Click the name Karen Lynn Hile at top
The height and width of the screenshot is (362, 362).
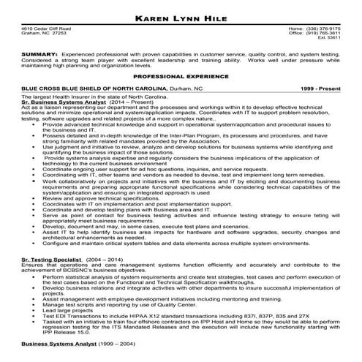[x=181, y=15]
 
